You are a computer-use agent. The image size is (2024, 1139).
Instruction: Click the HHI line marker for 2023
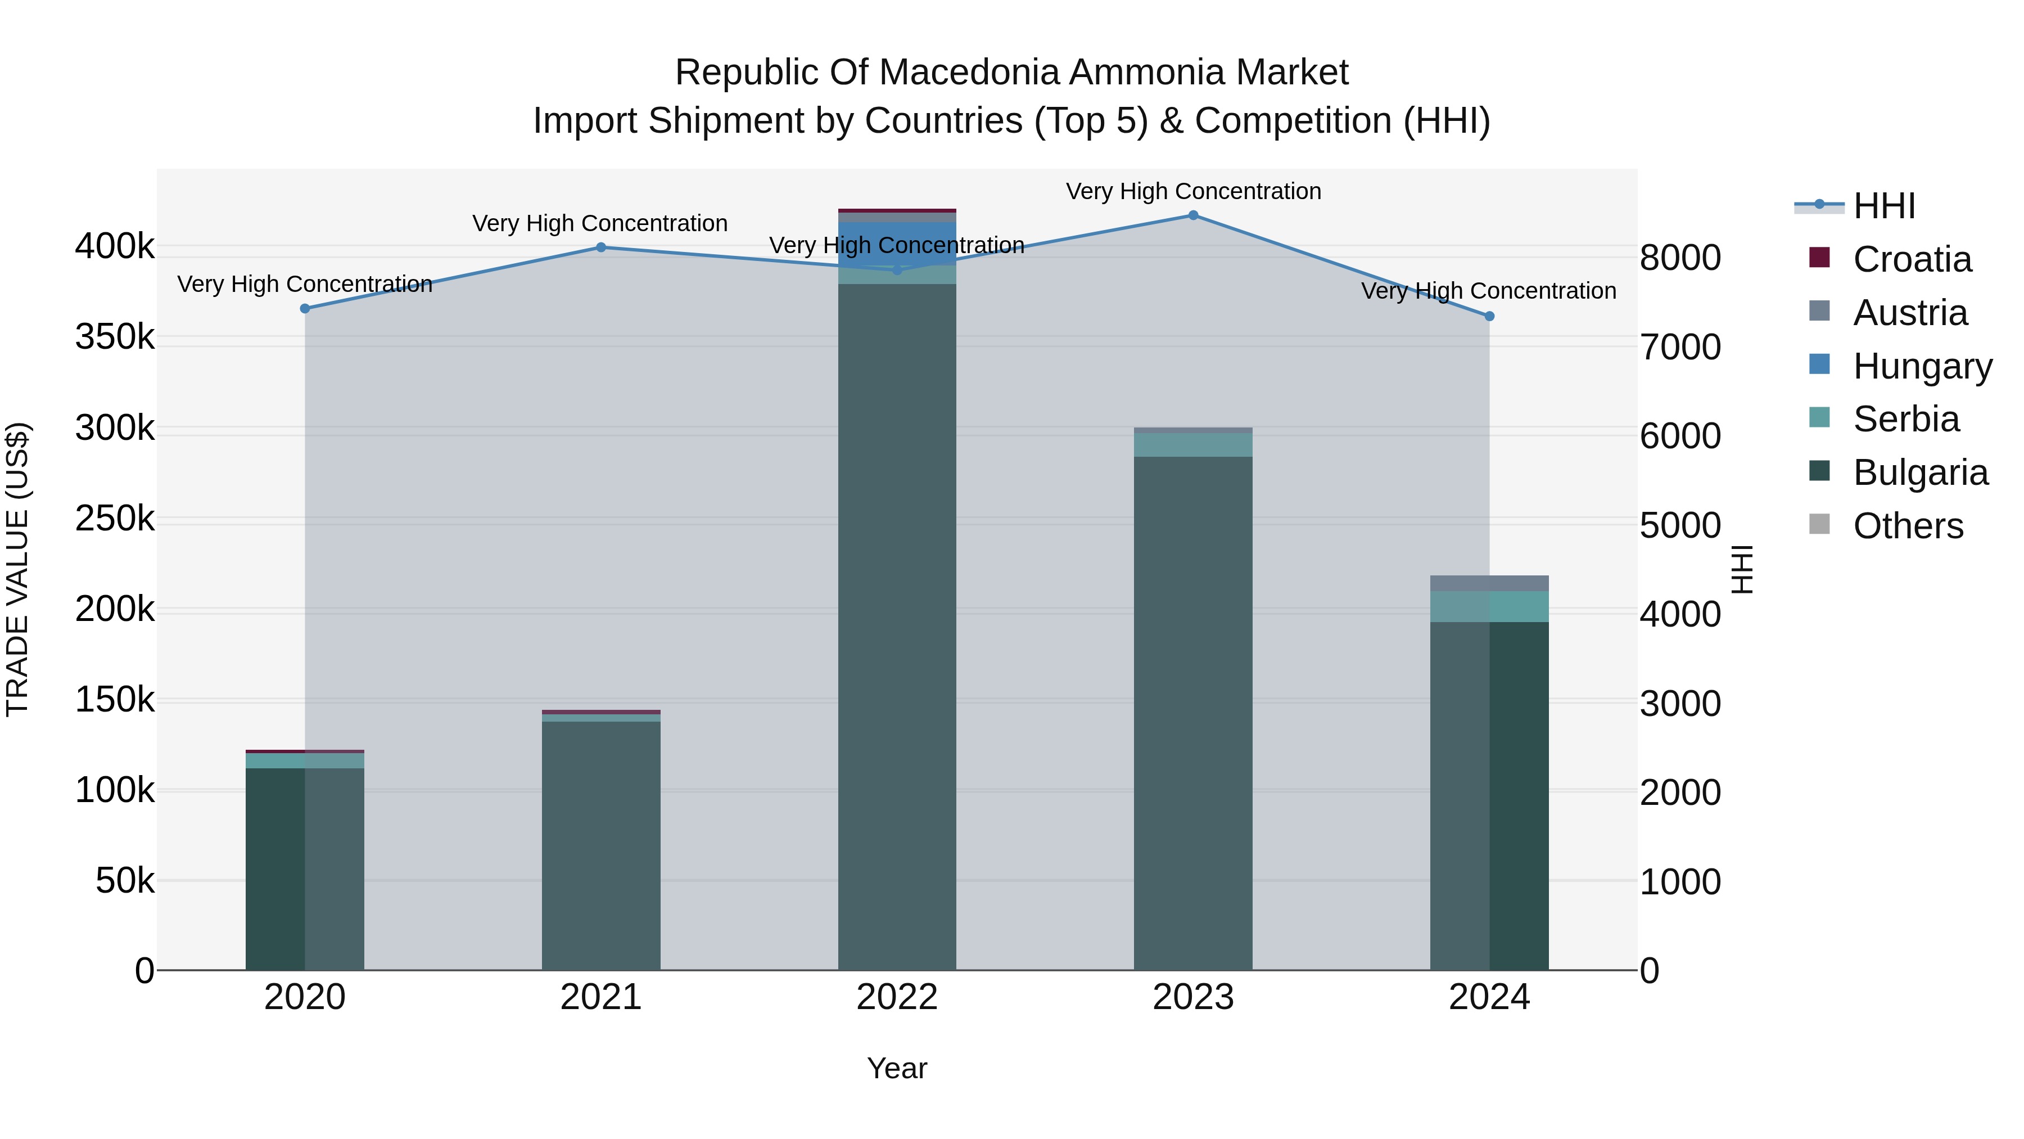tap(1192, 215)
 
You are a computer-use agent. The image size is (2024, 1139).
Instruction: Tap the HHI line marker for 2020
tap(305, 309)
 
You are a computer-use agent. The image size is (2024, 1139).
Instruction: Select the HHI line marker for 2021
tap(601, 247)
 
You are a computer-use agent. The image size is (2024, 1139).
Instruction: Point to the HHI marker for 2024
tap(1489, 316)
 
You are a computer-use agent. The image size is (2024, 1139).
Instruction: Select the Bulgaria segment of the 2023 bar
tap(1192, 708)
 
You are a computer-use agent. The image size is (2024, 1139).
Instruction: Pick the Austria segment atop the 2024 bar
tap(1489, 583)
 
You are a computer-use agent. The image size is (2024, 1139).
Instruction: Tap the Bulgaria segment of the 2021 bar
tap(601, 841)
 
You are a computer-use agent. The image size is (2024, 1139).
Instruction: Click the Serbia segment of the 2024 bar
tap(1489, 606)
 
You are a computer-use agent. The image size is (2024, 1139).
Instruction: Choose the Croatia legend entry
tap(1911, 259)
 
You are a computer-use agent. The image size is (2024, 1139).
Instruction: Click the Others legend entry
tap(1907, 526)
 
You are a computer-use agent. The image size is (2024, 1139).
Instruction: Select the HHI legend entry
tap(1883, 206)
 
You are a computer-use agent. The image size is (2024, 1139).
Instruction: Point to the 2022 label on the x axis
tap(897, 997)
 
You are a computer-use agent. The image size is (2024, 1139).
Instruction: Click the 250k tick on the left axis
tap(115, 519)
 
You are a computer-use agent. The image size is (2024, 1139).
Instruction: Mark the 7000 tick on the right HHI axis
tap(1680, 346)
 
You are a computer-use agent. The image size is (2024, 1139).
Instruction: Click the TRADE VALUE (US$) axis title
tap(18, 569)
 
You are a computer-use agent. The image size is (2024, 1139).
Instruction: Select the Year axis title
tap(897, 1068)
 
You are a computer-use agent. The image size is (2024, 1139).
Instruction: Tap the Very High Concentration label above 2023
tap(1192, 191)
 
